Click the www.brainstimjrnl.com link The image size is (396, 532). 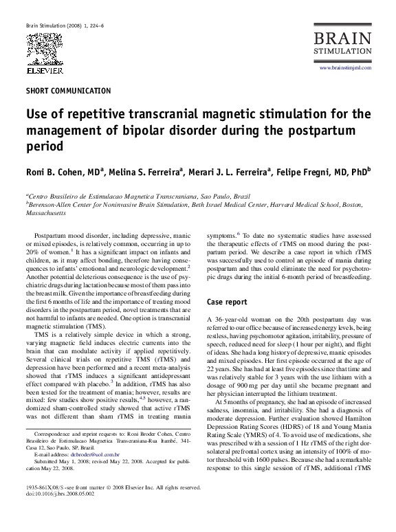[x=345, y=68]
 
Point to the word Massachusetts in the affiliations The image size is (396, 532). [x=46, y=212]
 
